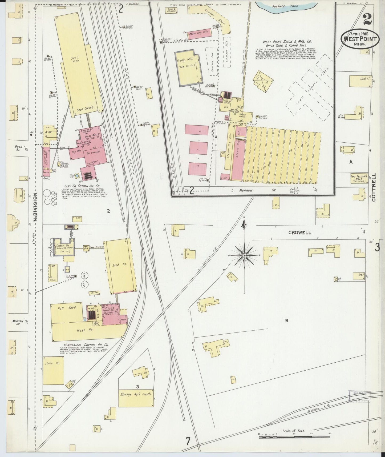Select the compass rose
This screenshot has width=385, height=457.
(x=244, y=255)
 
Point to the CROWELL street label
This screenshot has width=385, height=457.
(x=300, y=232)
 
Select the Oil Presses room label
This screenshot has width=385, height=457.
(x=92, y=153)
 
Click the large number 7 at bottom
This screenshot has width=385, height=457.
(x=188, y=441)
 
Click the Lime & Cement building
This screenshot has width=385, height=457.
(x=171, y=10)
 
